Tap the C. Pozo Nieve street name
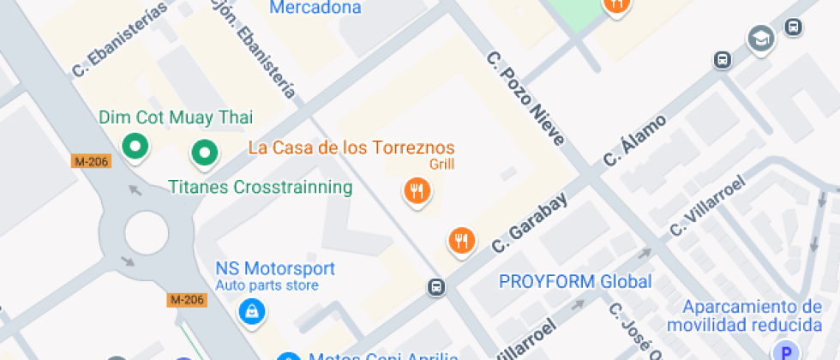tap(525, 99)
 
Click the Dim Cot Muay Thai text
tap(176, 117)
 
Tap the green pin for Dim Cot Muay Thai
tap(134, 147)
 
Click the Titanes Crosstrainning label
tap(260, 187)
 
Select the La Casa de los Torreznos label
tap(351, 147)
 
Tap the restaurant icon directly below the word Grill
tap(417, 190)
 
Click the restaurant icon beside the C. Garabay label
tap(462, 240)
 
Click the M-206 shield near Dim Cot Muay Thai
tap(92, 160)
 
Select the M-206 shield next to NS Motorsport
tap(187, 299)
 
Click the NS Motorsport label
tap(275, 268)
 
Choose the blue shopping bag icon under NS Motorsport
tap(252, 311)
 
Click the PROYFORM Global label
tap(575, 281)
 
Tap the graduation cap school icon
tap(760, 38)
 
